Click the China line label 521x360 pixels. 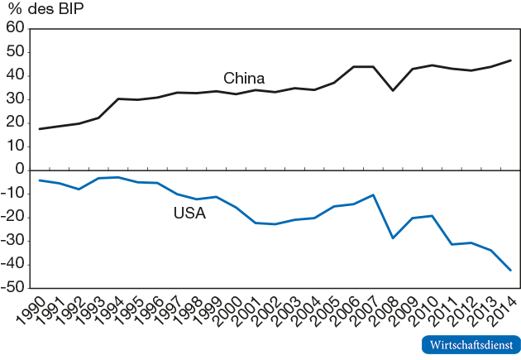pyautogui.click(x=244, y=79)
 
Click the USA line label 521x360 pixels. pyautogui.click(x=189, y=213)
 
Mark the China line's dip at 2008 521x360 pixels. pyautogui.click(x=393, y=90)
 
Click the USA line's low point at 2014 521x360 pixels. pyautogui.click(x=510, y=271)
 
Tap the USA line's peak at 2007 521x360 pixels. pyautogui.click(x=374, y=195)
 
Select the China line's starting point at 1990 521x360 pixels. pyautogui.click(x=40, y=129)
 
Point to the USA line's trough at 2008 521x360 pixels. pyautogui.click(x=393, y=238)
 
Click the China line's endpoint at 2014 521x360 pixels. pyautogui.click(x=510, y=60)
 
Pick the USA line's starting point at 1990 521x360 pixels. pyautogui.click(x=40, y=180)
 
